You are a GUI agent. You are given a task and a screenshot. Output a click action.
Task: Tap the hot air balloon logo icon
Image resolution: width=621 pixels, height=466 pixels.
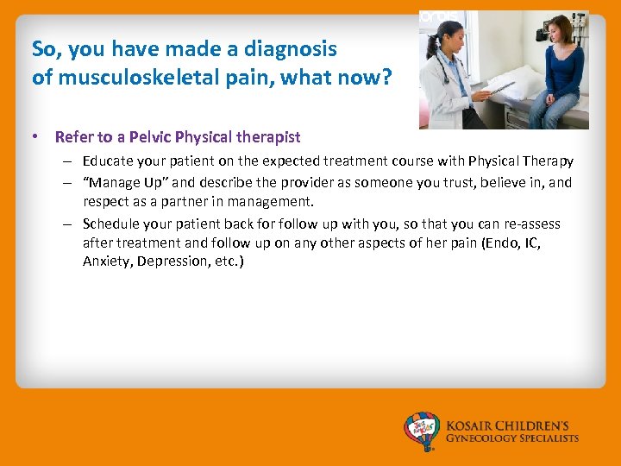click(x=423, y=431)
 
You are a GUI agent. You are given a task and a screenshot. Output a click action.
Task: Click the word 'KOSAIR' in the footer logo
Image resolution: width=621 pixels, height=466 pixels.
click(x=472, y=425)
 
